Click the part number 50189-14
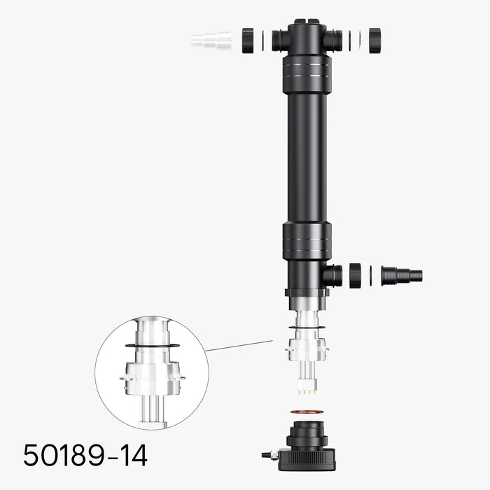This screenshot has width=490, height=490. point(85,456)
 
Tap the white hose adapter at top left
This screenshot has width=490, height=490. point(211,39)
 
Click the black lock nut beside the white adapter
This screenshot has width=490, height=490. point(248,39)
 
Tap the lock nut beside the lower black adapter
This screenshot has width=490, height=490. point(356,275)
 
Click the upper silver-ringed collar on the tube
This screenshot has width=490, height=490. point(307,75)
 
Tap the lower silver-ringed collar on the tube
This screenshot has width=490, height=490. point(307,241)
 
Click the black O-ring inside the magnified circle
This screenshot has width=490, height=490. point(152,345)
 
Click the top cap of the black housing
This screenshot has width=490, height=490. point(307,24)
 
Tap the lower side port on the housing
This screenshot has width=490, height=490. point(333,275)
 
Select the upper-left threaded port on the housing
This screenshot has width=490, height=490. point(280,39)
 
